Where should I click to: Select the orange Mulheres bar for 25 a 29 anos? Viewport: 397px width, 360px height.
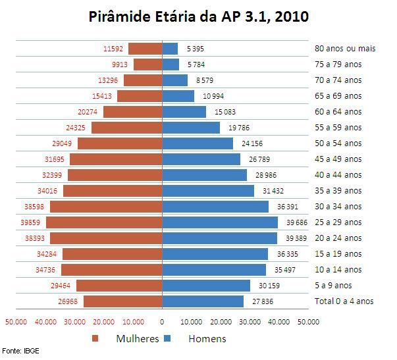click(105, 222)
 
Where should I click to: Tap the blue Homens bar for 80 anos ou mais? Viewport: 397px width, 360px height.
click(170, 49)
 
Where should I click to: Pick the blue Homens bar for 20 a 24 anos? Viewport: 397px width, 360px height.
click(220, 238)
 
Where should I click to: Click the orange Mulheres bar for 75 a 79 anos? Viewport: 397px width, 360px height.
click(147, 64)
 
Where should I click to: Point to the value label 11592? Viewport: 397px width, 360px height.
click(114, 49)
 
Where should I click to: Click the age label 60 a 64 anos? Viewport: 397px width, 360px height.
click(338, 112)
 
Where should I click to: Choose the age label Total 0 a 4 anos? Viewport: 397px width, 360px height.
click(344, 301)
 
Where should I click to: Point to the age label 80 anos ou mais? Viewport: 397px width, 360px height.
click(344, 49)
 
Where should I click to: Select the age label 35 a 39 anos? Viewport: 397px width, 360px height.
click(338, 191)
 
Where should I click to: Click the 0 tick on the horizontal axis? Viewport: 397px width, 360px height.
click(162, 322)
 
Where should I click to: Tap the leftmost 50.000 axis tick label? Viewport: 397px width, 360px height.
click(16, 322)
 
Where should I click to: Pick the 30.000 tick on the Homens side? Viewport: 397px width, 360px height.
click(250, 322)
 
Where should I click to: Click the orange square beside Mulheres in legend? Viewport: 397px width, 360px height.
click(96, 339)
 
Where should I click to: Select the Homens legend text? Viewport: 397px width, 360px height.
click(207, 339)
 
